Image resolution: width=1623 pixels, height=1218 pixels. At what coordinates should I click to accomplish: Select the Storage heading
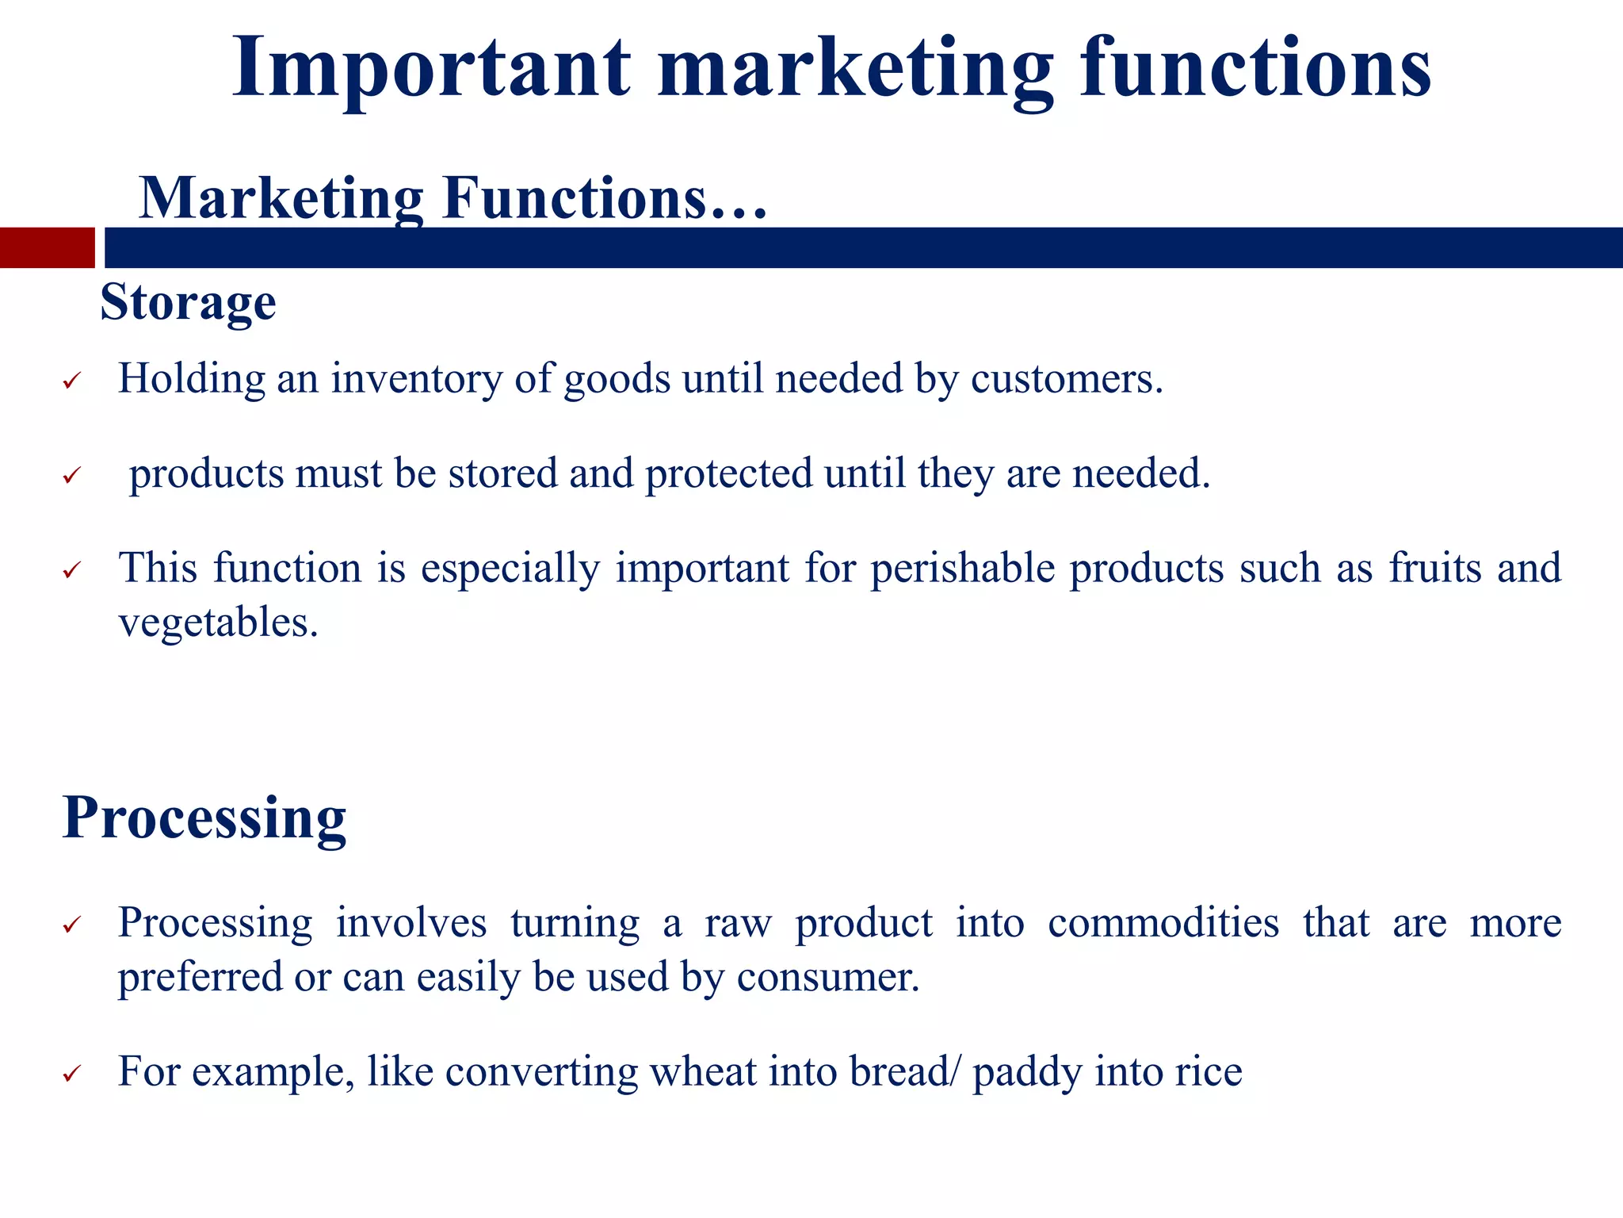pos(188,302)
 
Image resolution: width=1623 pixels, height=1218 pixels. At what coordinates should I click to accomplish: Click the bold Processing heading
pos(204,818)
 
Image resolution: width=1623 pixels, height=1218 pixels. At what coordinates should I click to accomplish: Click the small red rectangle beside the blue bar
pos(47,247)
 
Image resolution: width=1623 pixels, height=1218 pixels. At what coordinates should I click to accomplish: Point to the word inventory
pos(416,379)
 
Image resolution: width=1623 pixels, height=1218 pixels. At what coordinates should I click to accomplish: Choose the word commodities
pos(1163,923)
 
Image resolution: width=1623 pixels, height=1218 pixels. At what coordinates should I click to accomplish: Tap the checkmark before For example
pos(72,1074)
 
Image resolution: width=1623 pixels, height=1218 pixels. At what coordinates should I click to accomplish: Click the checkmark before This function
pos(72,571)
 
